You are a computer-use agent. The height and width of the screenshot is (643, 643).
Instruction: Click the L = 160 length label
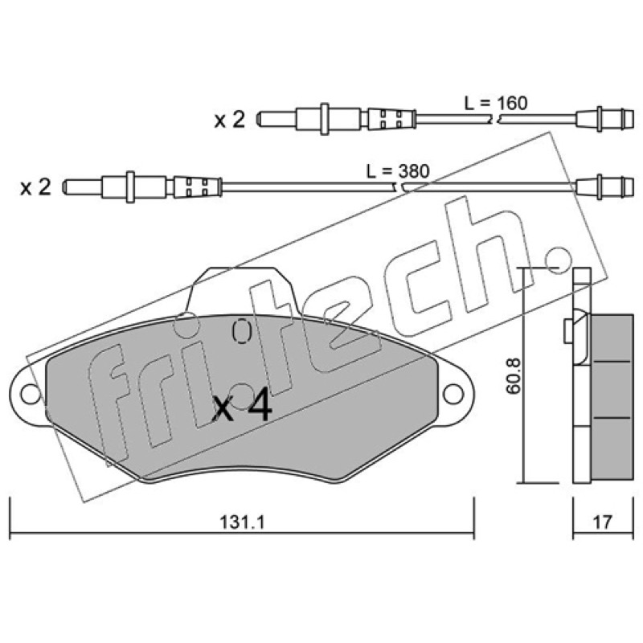click(x=496, y=103)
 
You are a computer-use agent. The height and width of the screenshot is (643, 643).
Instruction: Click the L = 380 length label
click(x=398, y=171)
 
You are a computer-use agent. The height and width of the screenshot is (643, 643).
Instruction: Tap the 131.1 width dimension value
click(x=243, y=522)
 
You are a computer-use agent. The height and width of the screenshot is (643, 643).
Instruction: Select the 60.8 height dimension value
click(x=513, y=376)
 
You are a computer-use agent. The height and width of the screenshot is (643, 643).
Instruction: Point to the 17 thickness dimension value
click(x=602, y=522)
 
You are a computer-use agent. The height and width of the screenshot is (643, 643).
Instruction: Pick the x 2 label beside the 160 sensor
click(x=230, y=120)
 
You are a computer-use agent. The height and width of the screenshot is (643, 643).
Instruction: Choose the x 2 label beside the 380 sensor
click(x=35, y=187)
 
